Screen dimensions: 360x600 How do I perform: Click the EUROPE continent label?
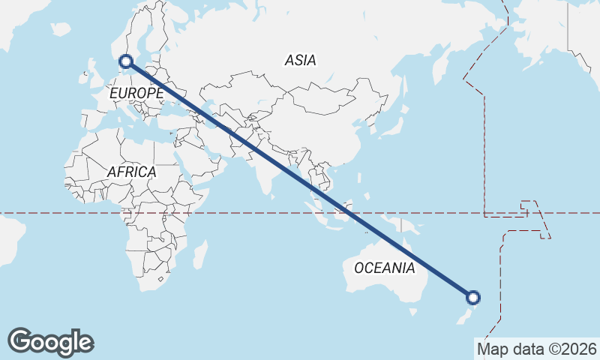[136, 93]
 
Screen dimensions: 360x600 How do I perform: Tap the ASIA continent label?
[300, 61]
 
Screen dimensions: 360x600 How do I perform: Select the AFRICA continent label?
[131, 172]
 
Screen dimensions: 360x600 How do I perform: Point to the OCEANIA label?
[384, 268]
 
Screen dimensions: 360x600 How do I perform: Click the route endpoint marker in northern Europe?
[126, 61]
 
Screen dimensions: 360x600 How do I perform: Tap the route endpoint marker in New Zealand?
[473, 297]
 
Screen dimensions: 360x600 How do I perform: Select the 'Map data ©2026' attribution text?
[536, 349]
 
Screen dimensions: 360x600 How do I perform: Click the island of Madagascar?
[199, 253]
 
